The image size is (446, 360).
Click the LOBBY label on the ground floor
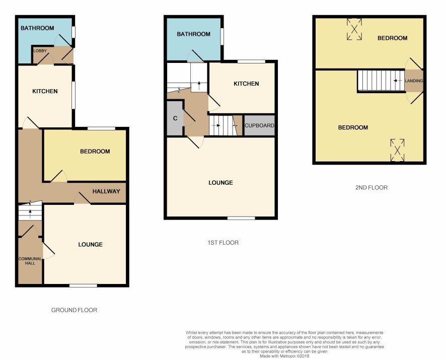tap(40, 51)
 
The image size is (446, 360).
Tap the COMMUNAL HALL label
tap(30, 261)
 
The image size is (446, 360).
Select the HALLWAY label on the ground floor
tap(106, 191)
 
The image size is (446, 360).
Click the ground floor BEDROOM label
tap(95, 152)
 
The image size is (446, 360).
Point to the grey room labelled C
tap(175, 118)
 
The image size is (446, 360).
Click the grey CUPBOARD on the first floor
tap(259, 125)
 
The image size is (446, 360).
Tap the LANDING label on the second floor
tap(414, 81)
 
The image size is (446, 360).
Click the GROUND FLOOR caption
tap(74, 310)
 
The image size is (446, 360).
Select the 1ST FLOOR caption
tap(223, 243)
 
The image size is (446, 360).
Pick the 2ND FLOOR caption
tap(371, 187)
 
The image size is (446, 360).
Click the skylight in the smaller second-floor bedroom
tap(354, 29)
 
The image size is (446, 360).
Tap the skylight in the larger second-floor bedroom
tap(397, 150)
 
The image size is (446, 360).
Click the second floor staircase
tap(381, 81)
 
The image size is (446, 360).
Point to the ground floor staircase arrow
tap(30, 213)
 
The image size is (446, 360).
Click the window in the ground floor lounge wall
tap(84, 285)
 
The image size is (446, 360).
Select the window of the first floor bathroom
tap(222, 36)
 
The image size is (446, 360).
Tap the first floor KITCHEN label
tap(246, 84)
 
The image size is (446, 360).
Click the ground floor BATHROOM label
tap(37, 28)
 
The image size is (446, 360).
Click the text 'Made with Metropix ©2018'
tap(284, 356)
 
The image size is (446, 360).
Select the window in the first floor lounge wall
tap(241, 219)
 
